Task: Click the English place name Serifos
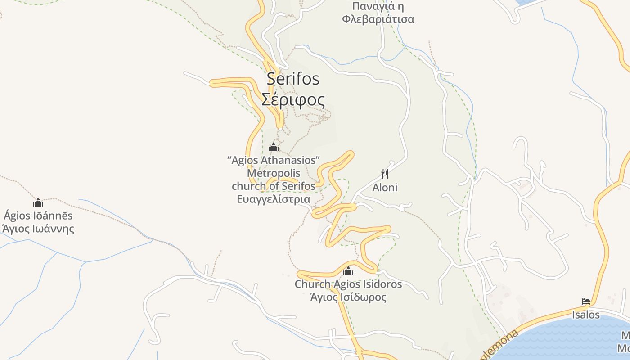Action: click(293, 78)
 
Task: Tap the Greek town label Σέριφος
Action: click(293, 99)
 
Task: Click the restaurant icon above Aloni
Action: click(385, 174)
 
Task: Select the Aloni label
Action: click(385, 188)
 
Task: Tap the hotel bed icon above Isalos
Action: click(586, 301)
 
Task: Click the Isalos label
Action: click(586, 315)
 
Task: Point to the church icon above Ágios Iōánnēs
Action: click(38, 202)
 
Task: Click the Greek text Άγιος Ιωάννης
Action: click(38, 229)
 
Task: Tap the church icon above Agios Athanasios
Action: click(274, 147)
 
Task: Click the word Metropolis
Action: click(274, 173)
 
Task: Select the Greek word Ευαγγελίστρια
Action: click(274, 199)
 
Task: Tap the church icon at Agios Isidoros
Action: click(348, 271)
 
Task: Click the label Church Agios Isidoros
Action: click(348, 284)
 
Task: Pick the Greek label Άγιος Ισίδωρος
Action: click(348, 297)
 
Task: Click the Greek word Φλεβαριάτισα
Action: click(378, 19)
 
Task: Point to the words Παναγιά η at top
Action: click(378, 6)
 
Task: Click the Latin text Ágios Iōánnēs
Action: click(38, 216)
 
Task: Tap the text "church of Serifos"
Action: click(274, 186)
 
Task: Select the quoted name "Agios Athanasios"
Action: click(274, 160)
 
